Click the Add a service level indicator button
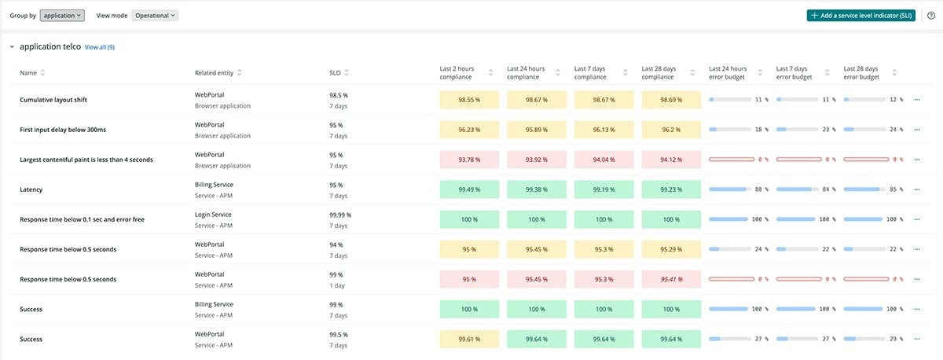pyautogui.click(x=860, y=15)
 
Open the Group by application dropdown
pyautogui.click(x=61, y=15)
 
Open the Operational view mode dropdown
pyautogui.click(x=155, y=15)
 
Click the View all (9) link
pyautogui.click(x=100, y=47)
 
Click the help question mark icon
pyautogui.click(x=930, y=15)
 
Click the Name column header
pyautogui.click(x=28, y=73)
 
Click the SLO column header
pyautogui.click(x=335, y=73)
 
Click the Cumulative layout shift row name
pyautogui.click(x=53, y=100)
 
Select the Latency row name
pyautogui.click(x=31, y=189)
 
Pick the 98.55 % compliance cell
pyautogui.click(x=469, y=100)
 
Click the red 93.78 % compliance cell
pyautogui.click(x=469, y=160)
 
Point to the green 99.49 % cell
pyautogui.click(x=469, y=189)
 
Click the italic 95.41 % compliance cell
pyautogui.click(x=671, y=279)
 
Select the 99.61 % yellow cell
pyautogui.click(x=469, y=339)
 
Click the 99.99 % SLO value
pyautogui.click(x=340, y=215)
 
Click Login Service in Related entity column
pyautogui.click(x=214, y=215)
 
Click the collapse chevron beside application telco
pyautogui.click(x=12, y=47)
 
